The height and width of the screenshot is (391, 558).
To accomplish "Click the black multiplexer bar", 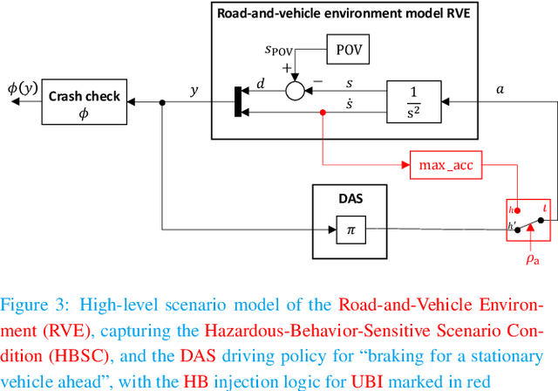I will coord(239,101).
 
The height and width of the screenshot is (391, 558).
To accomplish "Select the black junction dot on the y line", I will coord(162,102).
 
